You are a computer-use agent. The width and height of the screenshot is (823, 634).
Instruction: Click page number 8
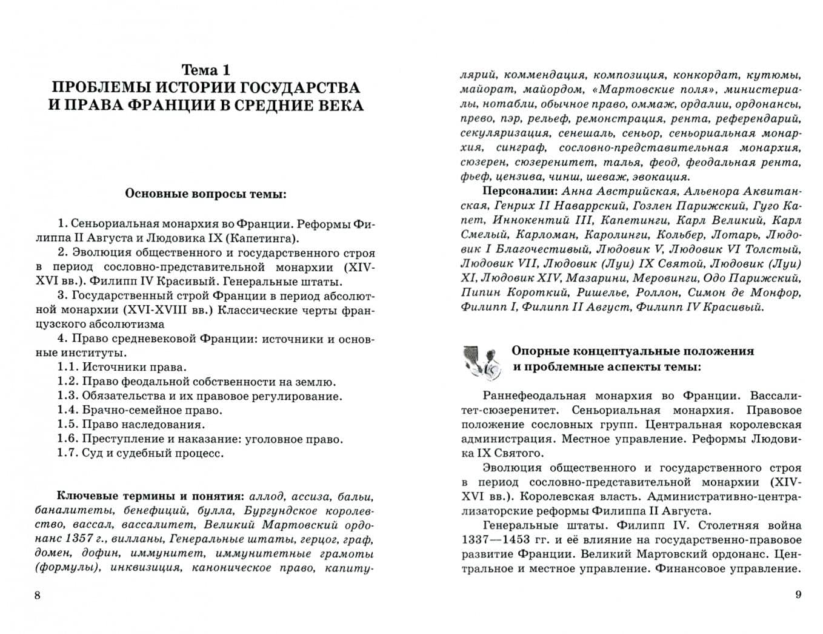click(38, 595)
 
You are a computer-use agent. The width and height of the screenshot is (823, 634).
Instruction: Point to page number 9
click(798, 595)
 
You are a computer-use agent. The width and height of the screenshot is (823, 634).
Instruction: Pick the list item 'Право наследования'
click(143, 425)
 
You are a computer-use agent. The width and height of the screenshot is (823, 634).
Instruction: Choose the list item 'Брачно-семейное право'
click(152, 410)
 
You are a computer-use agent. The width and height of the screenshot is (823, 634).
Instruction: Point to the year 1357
click(77, 539)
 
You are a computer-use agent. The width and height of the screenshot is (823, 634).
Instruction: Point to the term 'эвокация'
click(660, 177)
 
